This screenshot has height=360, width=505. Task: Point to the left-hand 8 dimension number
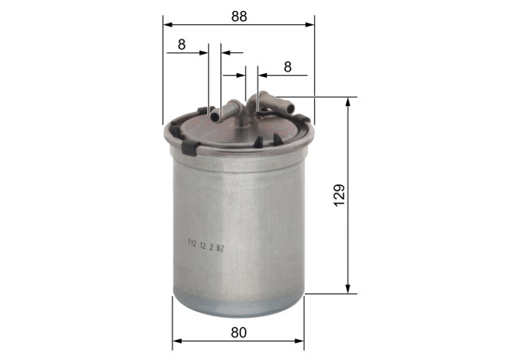[182, 45]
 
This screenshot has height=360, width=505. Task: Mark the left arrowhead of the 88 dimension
[166, 24]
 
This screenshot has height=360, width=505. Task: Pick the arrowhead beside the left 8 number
[203, 53]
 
